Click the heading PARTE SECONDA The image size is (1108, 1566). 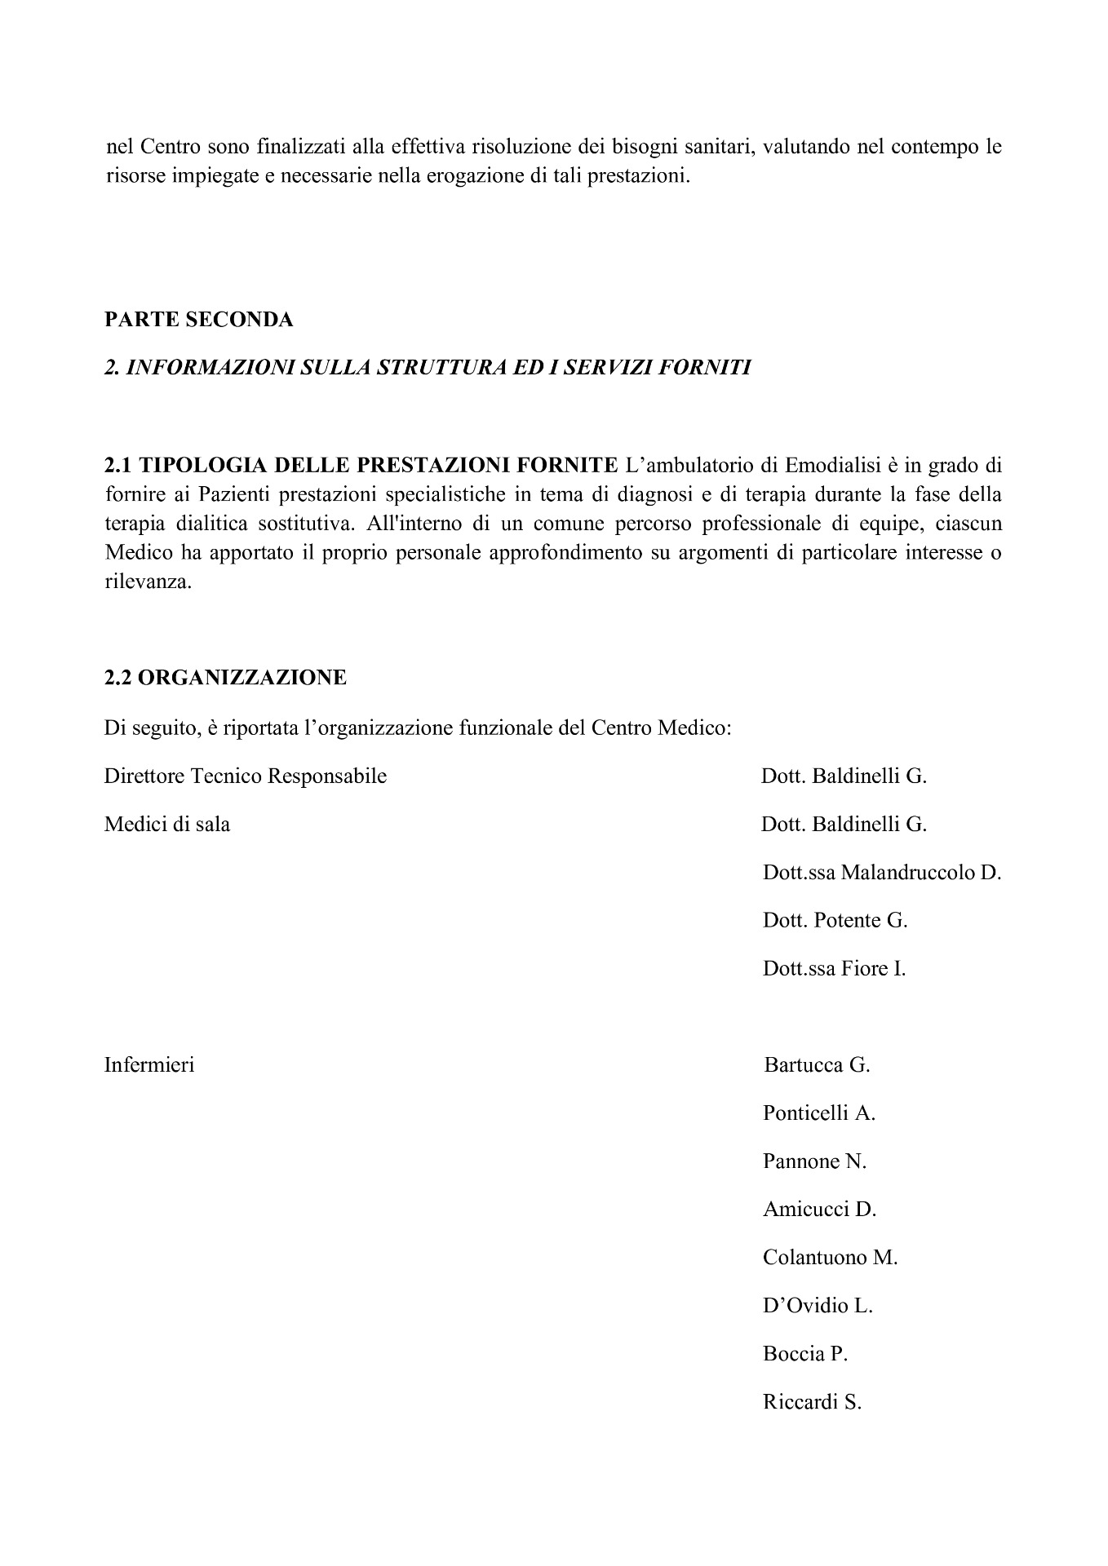(x=198, y=320)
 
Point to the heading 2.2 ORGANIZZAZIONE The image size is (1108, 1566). (x=225, y=678)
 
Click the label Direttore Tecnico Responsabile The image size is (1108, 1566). (x=246, y=776)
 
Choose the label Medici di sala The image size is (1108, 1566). (x=167, y=825)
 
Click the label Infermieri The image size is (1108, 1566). (x=149, y=1065)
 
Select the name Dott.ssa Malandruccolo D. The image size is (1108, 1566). (x=881, y=873)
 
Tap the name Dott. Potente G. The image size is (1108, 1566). (x=835, y=921)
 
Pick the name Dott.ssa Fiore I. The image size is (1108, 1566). (x=834, y=969)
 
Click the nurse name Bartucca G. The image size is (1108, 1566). (x=817, y=1065)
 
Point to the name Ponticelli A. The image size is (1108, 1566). (x=818, y=1113)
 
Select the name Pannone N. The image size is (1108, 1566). (x=814, y=1161)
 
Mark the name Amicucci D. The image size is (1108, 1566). (x=819, y=1210)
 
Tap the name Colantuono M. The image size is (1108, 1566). (x=830, y=1258)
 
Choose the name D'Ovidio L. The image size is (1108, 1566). (x=818, y=1306)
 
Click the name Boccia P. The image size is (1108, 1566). (x=805, y=1354)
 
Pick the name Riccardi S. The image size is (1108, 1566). (x=812, y=1403)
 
